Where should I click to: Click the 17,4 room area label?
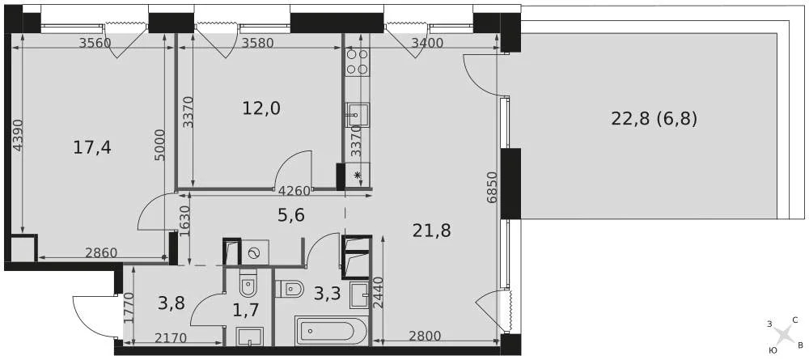pyautogui.click(x=92, y=147)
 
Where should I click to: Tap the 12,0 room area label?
pyautogui.click(x=261, y=108)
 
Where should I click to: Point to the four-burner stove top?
pyautogui.click(x=358, y=61)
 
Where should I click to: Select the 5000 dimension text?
pyautogui.click(x=160, y=146)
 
